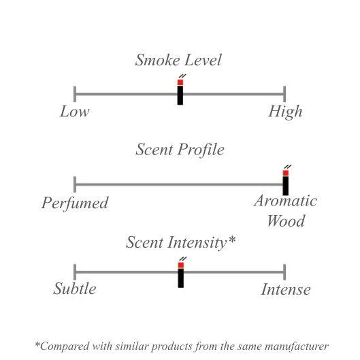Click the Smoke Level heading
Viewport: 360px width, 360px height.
(178, 60)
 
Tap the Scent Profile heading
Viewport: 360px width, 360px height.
(180, 150)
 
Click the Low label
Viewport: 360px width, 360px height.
(75, 112)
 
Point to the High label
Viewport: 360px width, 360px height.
(285, 112)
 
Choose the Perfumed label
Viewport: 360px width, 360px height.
(75, 203)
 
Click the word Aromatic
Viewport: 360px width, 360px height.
(285, 201)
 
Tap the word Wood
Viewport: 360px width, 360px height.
(286, 221)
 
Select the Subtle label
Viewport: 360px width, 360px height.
(75, 289)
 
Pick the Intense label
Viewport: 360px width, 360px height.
(286, 289)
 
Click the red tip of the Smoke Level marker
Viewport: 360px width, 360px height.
(180, 82)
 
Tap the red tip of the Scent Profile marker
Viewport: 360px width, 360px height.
(286, 173)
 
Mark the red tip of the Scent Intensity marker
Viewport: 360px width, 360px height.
(181, 265)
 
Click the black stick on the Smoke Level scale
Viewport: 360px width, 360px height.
(180, 95)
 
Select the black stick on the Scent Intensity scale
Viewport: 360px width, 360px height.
(181, 278)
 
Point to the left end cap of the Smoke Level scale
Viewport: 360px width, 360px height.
(75, 94)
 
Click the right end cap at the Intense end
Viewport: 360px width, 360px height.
(284, 272)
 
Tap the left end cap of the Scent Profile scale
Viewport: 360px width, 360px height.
(75, 184)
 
